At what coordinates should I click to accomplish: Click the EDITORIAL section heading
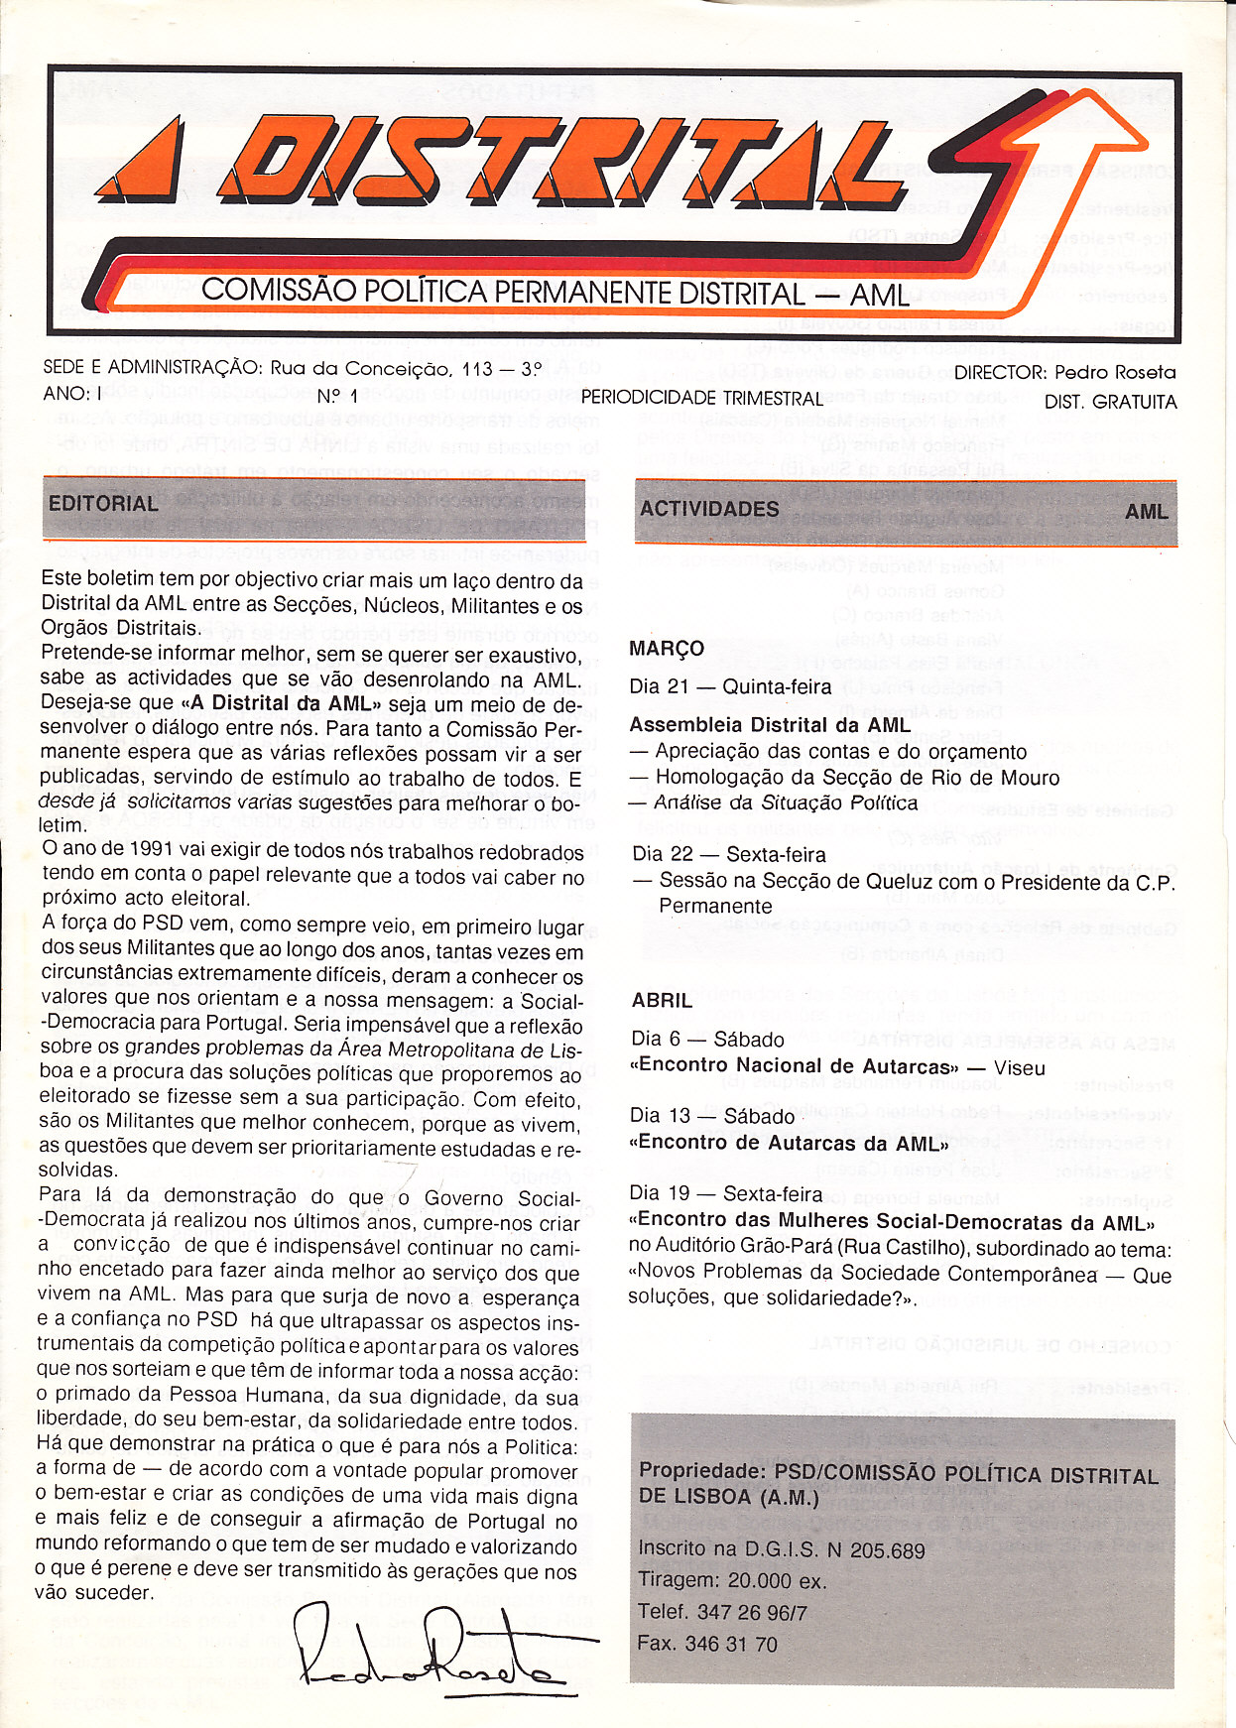pyautogui.click(x=103, y=504)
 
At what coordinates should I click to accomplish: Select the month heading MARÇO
pyautogui.click(x=667, y=649)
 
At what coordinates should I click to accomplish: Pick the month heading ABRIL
pyautogui.click(x=662, y=1001)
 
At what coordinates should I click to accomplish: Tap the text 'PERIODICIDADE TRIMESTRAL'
pyautogui.click(x=701, y=399)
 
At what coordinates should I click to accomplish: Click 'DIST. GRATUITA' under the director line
pyautogui.click(x=1110, y=402)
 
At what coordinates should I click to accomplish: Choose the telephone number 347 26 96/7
pyautogui.click(x=752, y=1613)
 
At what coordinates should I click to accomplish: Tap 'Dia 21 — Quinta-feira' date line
pyautogui.click(x=730, y=686)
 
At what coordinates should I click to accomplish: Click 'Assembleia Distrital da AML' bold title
pyautogui.click(x=770, y=725)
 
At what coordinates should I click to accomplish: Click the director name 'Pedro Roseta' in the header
pyautogui.click(x=1115, y=373)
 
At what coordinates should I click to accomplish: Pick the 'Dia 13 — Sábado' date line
pyautogui.click(x=712, y=1116)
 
